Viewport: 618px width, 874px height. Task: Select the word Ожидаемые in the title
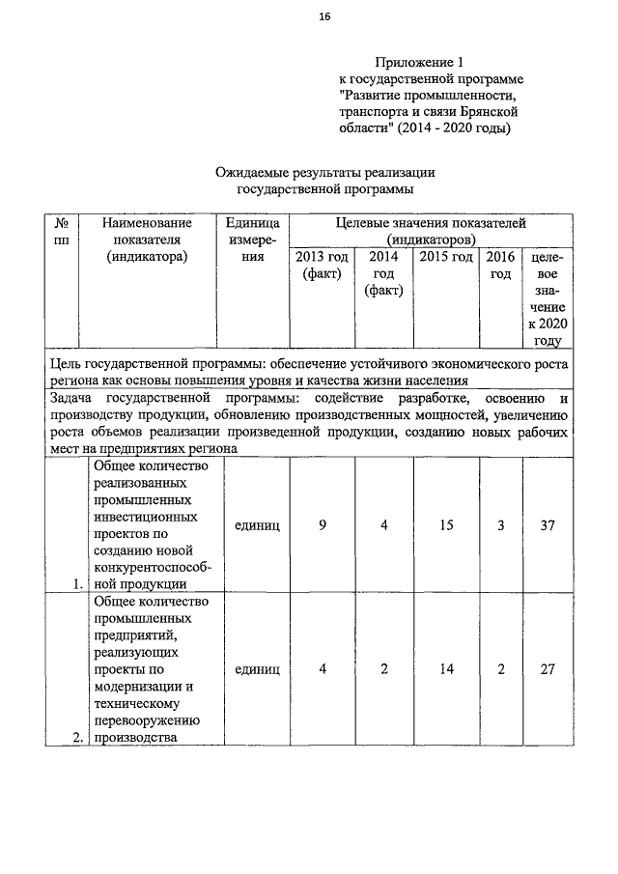pos(252,172)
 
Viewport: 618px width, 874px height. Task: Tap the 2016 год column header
pos(500,266)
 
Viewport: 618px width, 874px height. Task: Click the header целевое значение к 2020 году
pos(545,298)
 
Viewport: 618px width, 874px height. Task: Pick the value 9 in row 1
pos(322,525)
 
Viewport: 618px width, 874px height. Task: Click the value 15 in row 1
pos(446,525)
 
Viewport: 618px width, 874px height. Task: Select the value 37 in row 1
pos(545,525)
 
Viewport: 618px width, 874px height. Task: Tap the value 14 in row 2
pos(446,668)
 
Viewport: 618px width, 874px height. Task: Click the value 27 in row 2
pos(545,668)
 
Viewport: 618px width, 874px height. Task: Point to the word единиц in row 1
pos(257,525)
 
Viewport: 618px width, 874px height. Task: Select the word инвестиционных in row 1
pos(142,519)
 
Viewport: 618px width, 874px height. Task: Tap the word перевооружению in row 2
pos(146,721)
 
